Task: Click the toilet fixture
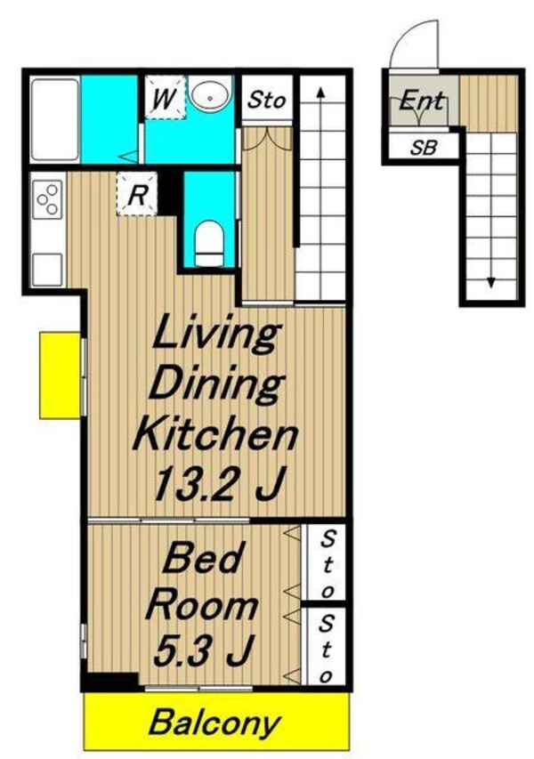[210, 244]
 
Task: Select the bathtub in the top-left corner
[54, 119]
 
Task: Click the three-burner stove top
[47, 199]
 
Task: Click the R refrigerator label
[137, 195]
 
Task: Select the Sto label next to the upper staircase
[266, 101]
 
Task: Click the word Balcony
[214, 723]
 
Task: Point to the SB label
[424, 147]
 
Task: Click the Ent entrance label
[421, 101]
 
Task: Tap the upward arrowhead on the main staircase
[320, 93]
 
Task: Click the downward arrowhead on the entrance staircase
[491, 282]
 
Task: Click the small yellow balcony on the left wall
[60, 375]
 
